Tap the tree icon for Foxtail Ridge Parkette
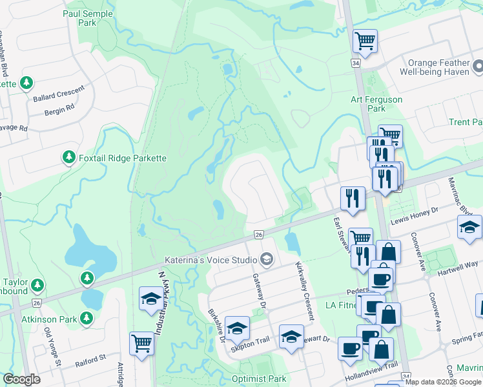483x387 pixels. (x=68, y=157)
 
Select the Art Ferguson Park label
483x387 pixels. (x=376, y=104)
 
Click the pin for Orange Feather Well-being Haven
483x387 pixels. (x=478, y=67)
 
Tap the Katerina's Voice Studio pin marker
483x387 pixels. (x=266, y=260)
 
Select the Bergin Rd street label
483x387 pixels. (x=59, y=112)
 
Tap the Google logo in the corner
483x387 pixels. (x=21, y=379)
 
